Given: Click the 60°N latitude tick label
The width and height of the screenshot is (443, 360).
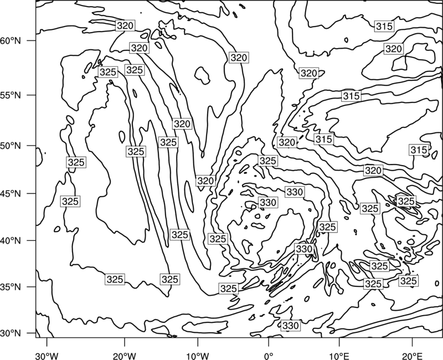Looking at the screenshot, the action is coord(11,41).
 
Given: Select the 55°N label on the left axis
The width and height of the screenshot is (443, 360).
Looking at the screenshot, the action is coord(11,95).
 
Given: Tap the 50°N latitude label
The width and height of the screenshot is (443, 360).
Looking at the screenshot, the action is coord(11,146).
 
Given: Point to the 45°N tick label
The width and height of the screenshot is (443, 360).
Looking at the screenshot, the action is coord(11,193).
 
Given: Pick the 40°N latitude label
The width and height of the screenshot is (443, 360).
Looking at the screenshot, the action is coord(11,241).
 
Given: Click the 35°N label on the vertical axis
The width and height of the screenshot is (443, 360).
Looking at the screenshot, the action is coord(11,287).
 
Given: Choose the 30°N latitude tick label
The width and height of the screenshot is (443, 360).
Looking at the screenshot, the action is coord(11,333).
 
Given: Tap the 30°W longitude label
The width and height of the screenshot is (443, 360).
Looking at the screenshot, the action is coord(47,356).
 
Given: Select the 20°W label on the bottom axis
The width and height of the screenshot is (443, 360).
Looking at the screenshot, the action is coord(125,356).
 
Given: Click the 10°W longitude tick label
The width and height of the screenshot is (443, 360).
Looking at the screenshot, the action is coord(198,356).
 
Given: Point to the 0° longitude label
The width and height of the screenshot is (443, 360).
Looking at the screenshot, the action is coord(269,356).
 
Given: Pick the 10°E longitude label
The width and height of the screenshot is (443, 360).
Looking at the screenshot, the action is coord(339,356).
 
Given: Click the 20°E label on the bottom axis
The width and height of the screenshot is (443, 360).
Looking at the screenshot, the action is coord(412,356).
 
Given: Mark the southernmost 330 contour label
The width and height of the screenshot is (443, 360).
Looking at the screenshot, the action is coord(290,326).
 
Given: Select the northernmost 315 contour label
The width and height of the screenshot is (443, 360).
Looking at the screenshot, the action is coord(384,26).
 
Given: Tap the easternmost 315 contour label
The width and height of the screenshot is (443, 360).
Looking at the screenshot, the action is coord(419,150).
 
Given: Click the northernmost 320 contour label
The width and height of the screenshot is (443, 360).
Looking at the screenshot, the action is coord(125,25).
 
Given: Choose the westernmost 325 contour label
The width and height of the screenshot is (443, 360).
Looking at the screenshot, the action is coord(70,202).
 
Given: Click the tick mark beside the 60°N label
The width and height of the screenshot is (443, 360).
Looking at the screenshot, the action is coord(32,40).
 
